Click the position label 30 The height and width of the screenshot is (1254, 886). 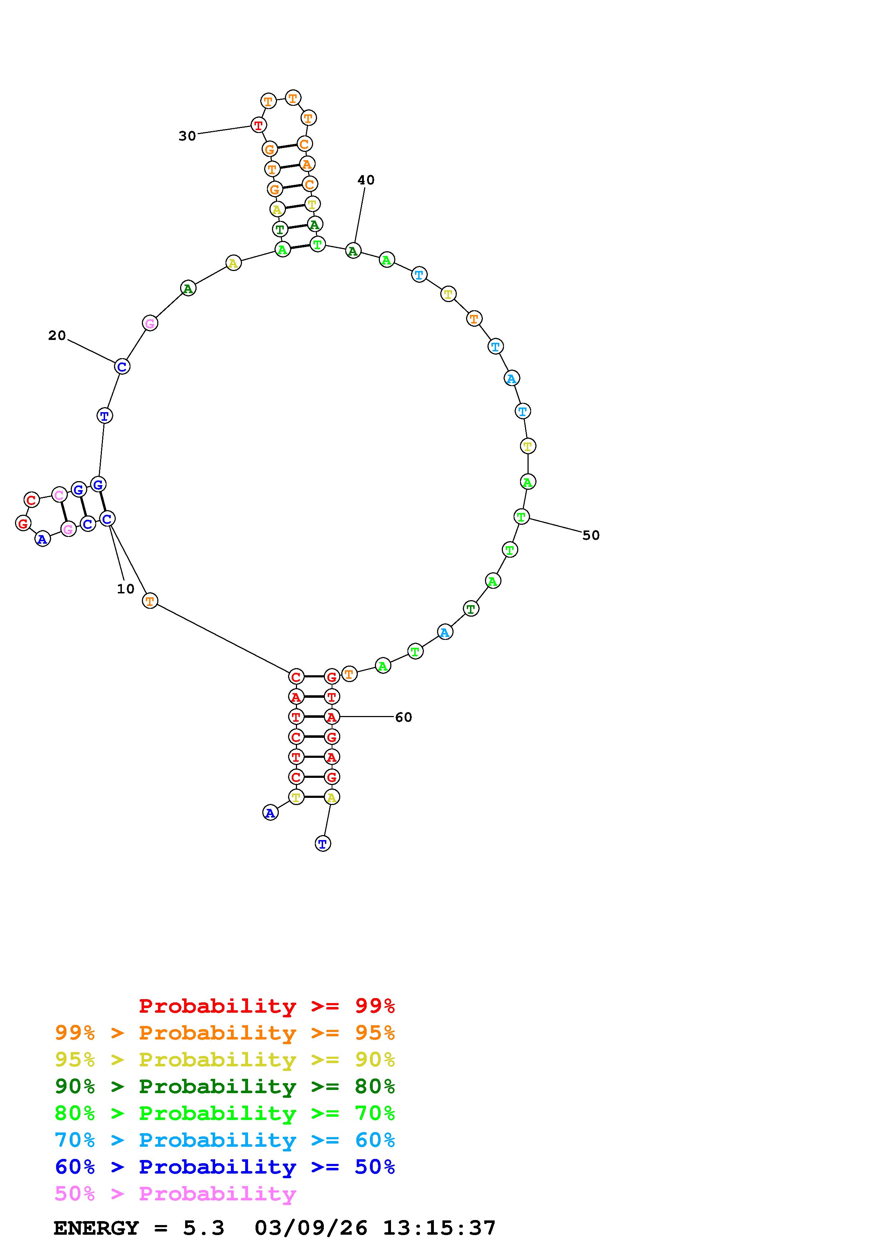point(187,136)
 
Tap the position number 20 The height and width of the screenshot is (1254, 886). point(57,335)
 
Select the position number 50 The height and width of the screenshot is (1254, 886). point(591,535)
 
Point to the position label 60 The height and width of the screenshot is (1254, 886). point(404,717)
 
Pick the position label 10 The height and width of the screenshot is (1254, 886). point(125,589)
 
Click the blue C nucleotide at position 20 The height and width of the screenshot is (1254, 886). point(122,366)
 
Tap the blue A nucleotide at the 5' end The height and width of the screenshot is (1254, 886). point(270,813)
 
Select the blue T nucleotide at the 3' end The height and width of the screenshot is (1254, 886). point(323,844)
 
